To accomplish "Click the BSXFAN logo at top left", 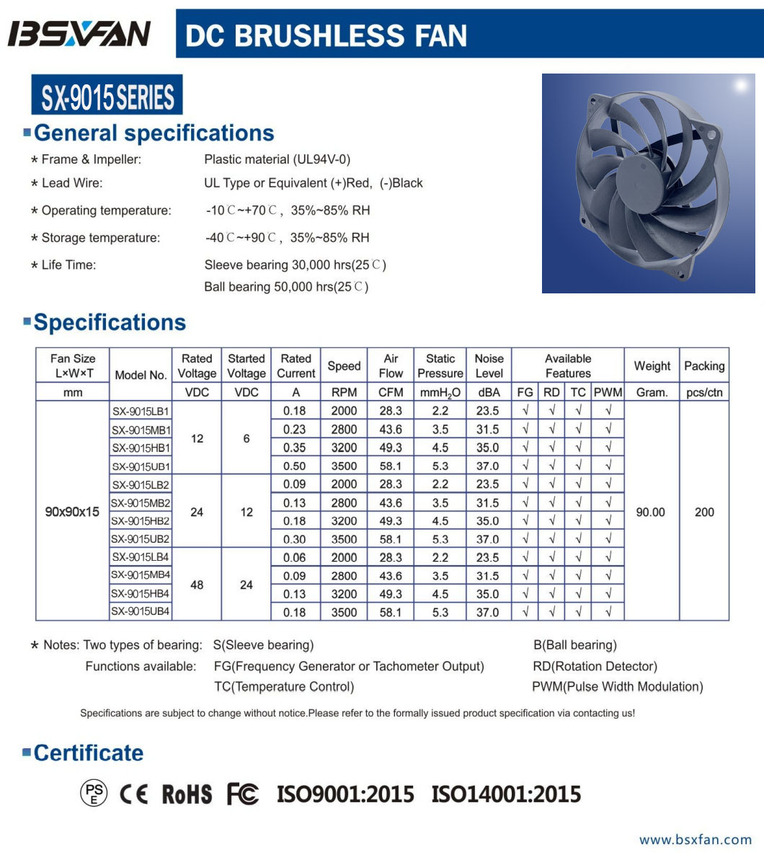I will tap(79, 34).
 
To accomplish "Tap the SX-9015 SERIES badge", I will tap(107, 96).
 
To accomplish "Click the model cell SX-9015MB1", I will tap(141, 430).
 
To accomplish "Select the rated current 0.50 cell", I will tap(295, 466).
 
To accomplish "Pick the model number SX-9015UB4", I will tap(141, 612).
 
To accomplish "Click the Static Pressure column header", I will tap(440, 365).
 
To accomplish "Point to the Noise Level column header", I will tap(489, 365).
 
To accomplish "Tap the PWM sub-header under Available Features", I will tap(608, 392).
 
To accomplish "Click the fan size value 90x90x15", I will tap(72, 513).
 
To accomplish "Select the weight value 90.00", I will tap(651, 513).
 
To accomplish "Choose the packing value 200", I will tap(704, 513).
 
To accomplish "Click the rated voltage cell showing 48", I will tap(197, 585).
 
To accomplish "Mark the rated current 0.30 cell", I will tap(295, 539).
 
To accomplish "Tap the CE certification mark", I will tap(133, 794).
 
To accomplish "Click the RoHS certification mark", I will tap(187, 794).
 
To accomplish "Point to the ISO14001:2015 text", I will tap(506, 794).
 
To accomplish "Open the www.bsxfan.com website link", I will tap(696, 839).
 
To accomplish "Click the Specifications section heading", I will tap(110, 322).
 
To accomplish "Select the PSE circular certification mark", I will tap(94, 794).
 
